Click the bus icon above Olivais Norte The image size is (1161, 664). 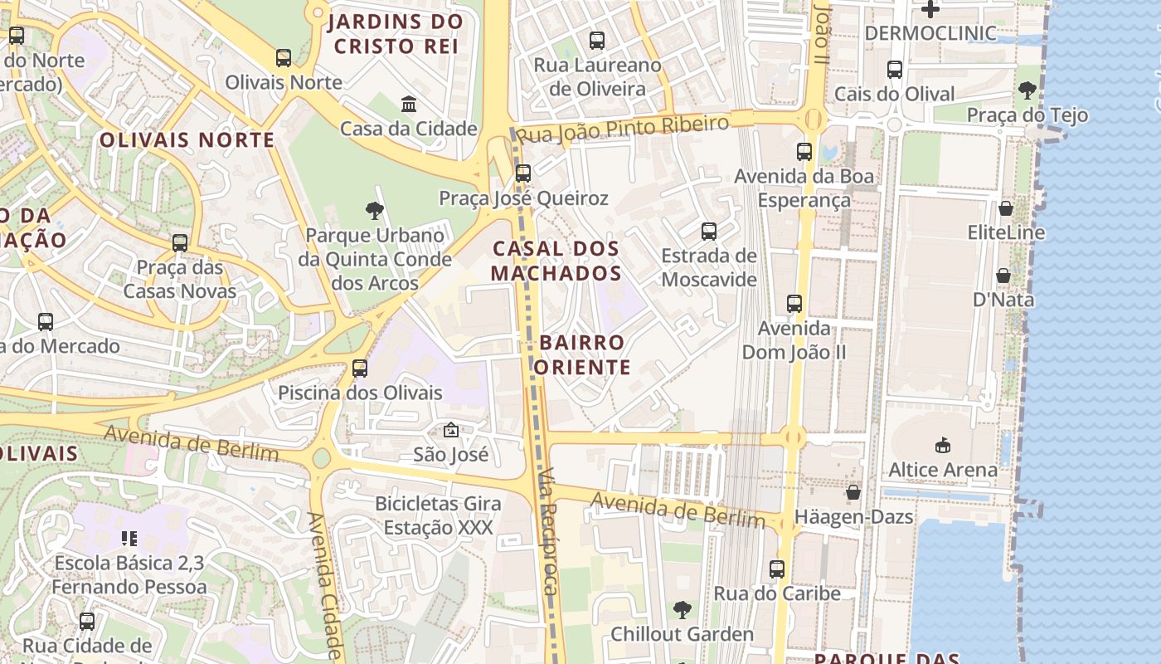click(284, 58)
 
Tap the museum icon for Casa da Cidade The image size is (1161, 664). click(409, 105)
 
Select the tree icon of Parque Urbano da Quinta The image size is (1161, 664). click(374, 211)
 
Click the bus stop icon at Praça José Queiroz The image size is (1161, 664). click(523, 173)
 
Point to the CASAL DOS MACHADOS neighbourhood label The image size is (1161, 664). click(556, 261)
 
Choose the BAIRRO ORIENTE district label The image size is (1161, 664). click(581, 354)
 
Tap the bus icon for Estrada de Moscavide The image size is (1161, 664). click(709, 232)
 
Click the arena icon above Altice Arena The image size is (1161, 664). click(943, 446)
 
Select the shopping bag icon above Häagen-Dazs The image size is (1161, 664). click(853, 493)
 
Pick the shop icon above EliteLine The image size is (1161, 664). click(1006, 208)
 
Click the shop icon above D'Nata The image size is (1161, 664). click(1003, 276)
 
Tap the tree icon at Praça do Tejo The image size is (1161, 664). click(1027, 90)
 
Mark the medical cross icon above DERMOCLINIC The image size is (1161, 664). click(930, 9)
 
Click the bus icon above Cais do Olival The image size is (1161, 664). click(895, 70)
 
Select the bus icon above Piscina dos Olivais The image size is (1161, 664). click(360, 368)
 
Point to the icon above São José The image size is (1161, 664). click(451, 430)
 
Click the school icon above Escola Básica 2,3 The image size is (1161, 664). click(129, 539)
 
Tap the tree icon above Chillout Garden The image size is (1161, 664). click(682, 610)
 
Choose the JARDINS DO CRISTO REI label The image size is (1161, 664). click(396, 33)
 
